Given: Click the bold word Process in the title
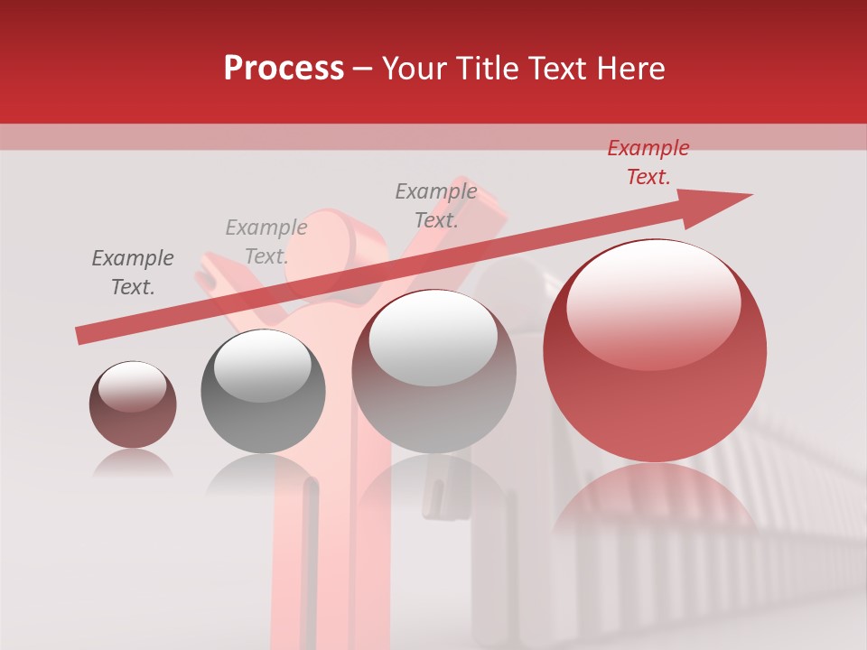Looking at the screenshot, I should (284, 69).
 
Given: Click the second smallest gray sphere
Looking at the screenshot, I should (263, 391).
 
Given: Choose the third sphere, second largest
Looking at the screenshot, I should (434, 371).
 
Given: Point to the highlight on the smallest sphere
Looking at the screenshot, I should (133, 386).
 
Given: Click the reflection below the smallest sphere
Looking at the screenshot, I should (133, 465).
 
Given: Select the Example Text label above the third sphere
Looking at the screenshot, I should (435, 206).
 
